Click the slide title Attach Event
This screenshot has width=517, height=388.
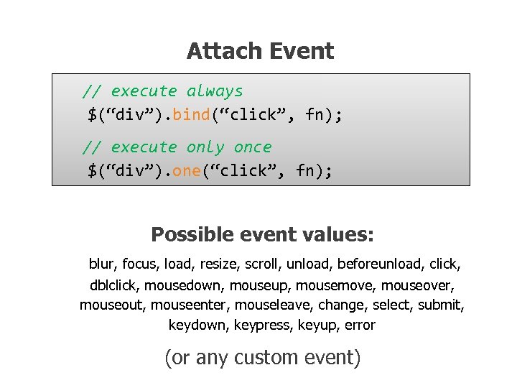click(260, 51)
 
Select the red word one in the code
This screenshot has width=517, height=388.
click(187, 170)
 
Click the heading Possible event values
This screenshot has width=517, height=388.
click(262, 235)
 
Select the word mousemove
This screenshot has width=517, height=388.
click(342, 285)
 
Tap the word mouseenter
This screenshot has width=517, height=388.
click(189, 305)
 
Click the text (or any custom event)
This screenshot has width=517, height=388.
click(262, 357)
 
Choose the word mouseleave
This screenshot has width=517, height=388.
click(272, 305)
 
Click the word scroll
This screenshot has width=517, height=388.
click(264, 264)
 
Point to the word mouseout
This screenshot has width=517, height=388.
click(113, 305)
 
